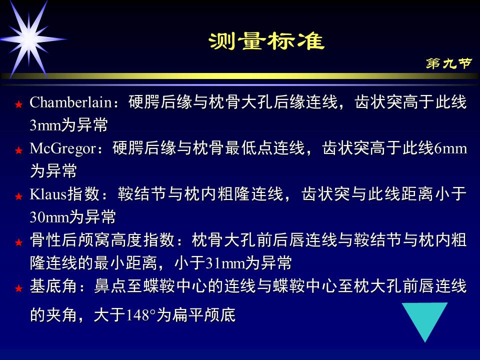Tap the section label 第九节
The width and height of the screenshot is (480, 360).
pos(448,63)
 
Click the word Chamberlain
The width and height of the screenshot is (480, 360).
pos(70,102)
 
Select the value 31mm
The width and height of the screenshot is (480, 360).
pos(224,263)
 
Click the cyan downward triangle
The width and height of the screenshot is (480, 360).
pos(425,320)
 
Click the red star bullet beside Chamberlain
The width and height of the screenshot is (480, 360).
pos(18,104)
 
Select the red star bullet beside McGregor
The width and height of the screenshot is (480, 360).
pos(18,150)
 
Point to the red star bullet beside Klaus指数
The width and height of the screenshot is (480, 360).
pos(18,196)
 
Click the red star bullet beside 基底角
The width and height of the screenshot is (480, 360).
pos(18,288)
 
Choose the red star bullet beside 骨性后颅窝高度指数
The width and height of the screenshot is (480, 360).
pos(18,242)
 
